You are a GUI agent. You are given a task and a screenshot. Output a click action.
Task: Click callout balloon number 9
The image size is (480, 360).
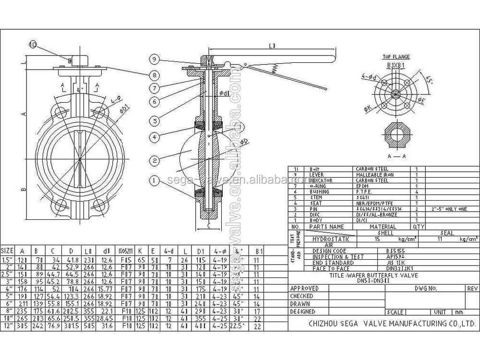tap(154, 59)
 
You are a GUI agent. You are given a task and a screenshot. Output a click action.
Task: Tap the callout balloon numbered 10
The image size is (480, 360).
tap(33, 45)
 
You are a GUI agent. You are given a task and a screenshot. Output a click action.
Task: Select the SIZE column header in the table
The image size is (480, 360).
tap(7, 251)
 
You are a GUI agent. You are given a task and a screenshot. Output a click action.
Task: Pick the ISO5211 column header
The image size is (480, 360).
tap(124, 251)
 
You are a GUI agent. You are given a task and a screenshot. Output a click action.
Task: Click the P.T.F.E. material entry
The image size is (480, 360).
tap(363, 191)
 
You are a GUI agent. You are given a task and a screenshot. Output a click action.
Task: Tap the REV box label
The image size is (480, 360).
tap(472, 288)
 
